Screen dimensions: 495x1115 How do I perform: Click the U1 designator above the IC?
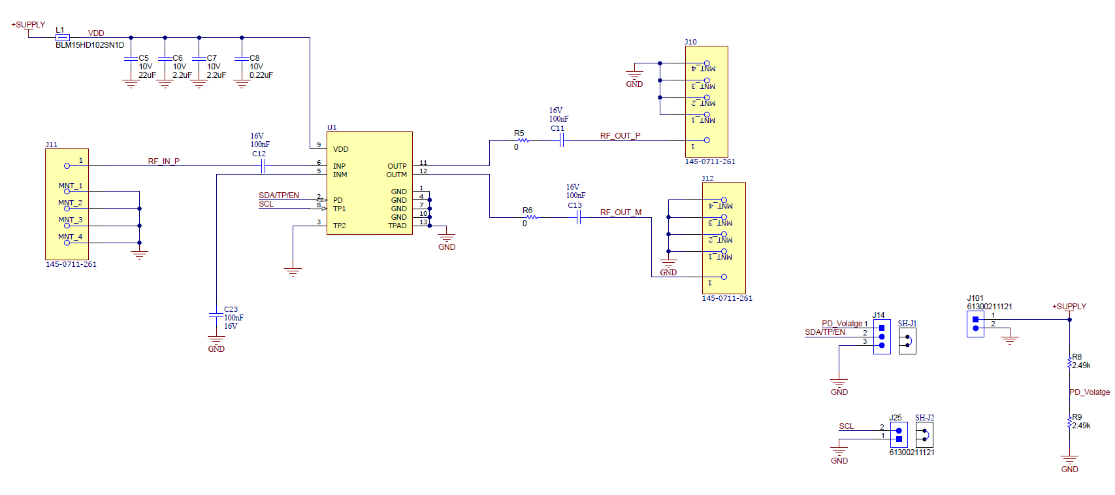332,128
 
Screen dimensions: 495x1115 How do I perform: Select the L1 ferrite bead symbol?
63,37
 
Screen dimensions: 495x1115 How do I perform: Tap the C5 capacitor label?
144,58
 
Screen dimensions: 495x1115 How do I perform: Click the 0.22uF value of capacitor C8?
261,75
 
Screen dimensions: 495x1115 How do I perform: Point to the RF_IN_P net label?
163,161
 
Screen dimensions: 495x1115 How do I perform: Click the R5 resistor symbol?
523,140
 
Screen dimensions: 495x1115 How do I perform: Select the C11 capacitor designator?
557,128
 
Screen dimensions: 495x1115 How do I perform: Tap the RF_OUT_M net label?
621,213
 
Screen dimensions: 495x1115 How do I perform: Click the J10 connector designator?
690,42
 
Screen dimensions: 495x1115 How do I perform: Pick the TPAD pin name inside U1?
397,226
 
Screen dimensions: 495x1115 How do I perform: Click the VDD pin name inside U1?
340,149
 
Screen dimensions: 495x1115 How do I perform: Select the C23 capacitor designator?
231,309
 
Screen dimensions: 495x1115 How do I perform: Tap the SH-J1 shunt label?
907,324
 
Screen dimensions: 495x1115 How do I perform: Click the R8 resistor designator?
1076,357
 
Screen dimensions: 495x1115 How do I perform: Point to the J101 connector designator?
975,298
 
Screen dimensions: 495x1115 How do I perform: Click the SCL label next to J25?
846,426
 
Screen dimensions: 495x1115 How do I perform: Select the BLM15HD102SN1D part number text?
89,45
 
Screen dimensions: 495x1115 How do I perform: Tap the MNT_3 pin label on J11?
70,220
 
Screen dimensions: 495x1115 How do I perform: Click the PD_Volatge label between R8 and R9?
1089,392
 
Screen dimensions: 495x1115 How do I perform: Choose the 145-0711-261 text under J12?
726,298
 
